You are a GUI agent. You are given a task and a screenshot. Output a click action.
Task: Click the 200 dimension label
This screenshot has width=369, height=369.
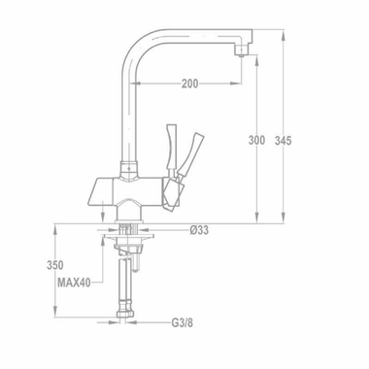(x=189, y=84)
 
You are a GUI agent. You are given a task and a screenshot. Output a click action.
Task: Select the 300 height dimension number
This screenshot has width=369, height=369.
(x=256, y=141)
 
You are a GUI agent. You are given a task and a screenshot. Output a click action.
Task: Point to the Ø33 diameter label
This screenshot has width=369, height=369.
(x=201, y=230)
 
